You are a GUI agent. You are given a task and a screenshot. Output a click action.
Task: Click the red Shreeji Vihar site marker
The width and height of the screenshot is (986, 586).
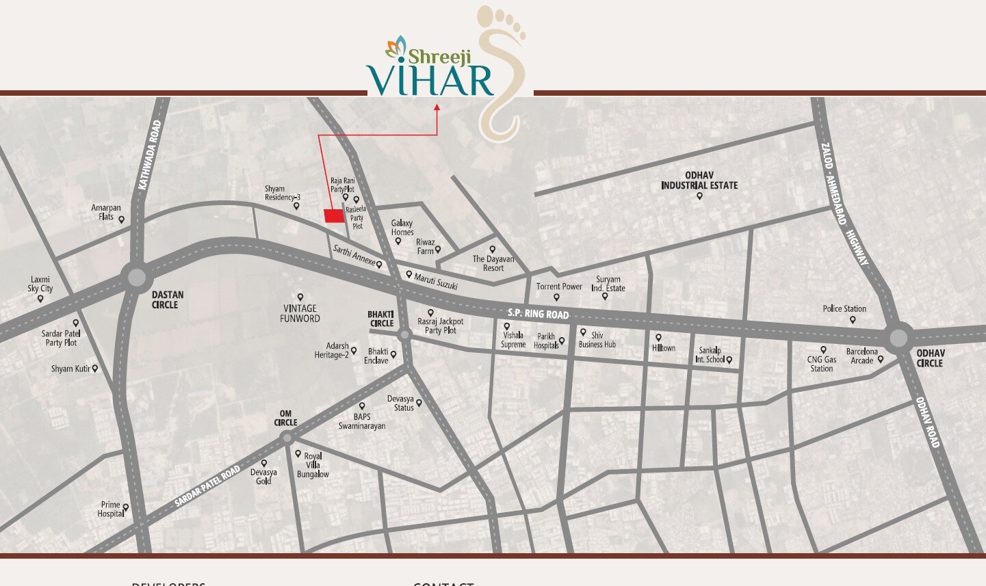pyautogui.click(x=333, y=216)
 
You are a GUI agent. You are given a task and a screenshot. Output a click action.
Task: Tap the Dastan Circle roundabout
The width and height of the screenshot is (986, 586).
pyautogui.click(x=137, y=278)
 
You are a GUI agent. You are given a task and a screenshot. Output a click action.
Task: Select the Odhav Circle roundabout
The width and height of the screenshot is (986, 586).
pyautogui.click(x=898, y=337)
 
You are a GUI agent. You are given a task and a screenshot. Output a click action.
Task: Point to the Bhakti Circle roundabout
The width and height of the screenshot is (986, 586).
pyautogui.click(x=404, y=334)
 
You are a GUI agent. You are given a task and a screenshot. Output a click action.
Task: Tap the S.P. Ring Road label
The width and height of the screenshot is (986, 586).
pyautogui.click(x=538, y=314)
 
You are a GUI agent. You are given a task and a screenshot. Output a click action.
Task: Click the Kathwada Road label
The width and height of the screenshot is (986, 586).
pyautogui.click(x=150, y=155)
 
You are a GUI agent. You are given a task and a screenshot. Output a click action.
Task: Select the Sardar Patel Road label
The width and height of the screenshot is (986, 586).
pyautogui.click(x=207, y=486)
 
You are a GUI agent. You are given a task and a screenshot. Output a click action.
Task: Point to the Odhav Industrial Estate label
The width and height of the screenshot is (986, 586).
pyautogui.click(x=699, y=181)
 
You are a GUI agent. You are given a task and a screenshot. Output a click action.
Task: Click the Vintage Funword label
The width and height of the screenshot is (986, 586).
pyautogui.click(x=300, y=313)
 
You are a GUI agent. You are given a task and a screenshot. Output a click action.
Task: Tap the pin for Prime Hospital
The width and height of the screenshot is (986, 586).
pyautogui.click(x=126, y=507)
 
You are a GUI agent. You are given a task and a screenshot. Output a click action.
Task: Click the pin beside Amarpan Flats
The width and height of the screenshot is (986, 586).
pyautogui.click(x=122, y=219)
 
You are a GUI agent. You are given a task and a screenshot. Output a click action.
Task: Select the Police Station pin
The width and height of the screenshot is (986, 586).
pyautogui.click(x=853, y=319)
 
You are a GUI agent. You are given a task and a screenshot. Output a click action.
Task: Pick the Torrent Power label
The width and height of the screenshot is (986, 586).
pyautogui.click(x=559, y=287)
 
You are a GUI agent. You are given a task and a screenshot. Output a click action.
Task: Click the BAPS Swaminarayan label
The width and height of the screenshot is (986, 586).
pyautogui.click(x=362, y=421)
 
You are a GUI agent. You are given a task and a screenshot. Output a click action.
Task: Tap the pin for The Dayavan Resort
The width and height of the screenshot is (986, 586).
pyautogui.click(x=493, y=250)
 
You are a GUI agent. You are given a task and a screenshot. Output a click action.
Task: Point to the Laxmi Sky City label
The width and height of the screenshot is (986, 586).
pyautogui.click(x=40, y=284)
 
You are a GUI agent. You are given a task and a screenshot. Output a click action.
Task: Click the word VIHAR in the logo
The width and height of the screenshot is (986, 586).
pyautogui.click(x=430, y=80)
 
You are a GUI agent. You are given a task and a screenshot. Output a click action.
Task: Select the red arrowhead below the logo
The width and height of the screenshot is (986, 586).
pyautogui.click(x=437, y=107)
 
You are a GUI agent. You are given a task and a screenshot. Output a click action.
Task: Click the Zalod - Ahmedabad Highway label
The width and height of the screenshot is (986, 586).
pyautogui.click(x=845, y=204)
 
